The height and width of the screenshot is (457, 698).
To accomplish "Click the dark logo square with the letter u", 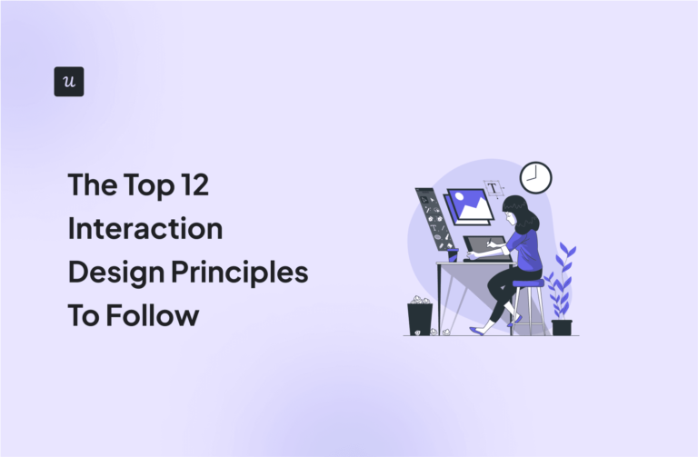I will click(69, 82).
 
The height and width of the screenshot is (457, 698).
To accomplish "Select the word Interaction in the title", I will click(145, 229).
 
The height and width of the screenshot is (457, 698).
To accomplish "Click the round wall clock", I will click(535, 178).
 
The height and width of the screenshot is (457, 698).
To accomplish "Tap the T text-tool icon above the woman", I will click(494, 189).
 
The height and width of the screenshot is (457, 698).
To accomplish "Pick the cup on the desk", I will click(453, 255).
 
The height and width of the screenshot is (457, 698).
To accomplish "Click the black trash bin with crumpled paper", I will click(420, 318).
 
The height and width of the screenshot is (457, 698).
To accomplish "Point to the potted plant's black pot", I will click(562, 327).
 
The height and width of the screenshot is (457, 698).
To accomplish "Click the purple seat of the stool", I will click(526, 283).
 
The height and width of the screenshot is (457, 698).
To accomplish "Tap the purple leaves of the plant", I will click(563, 277).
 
